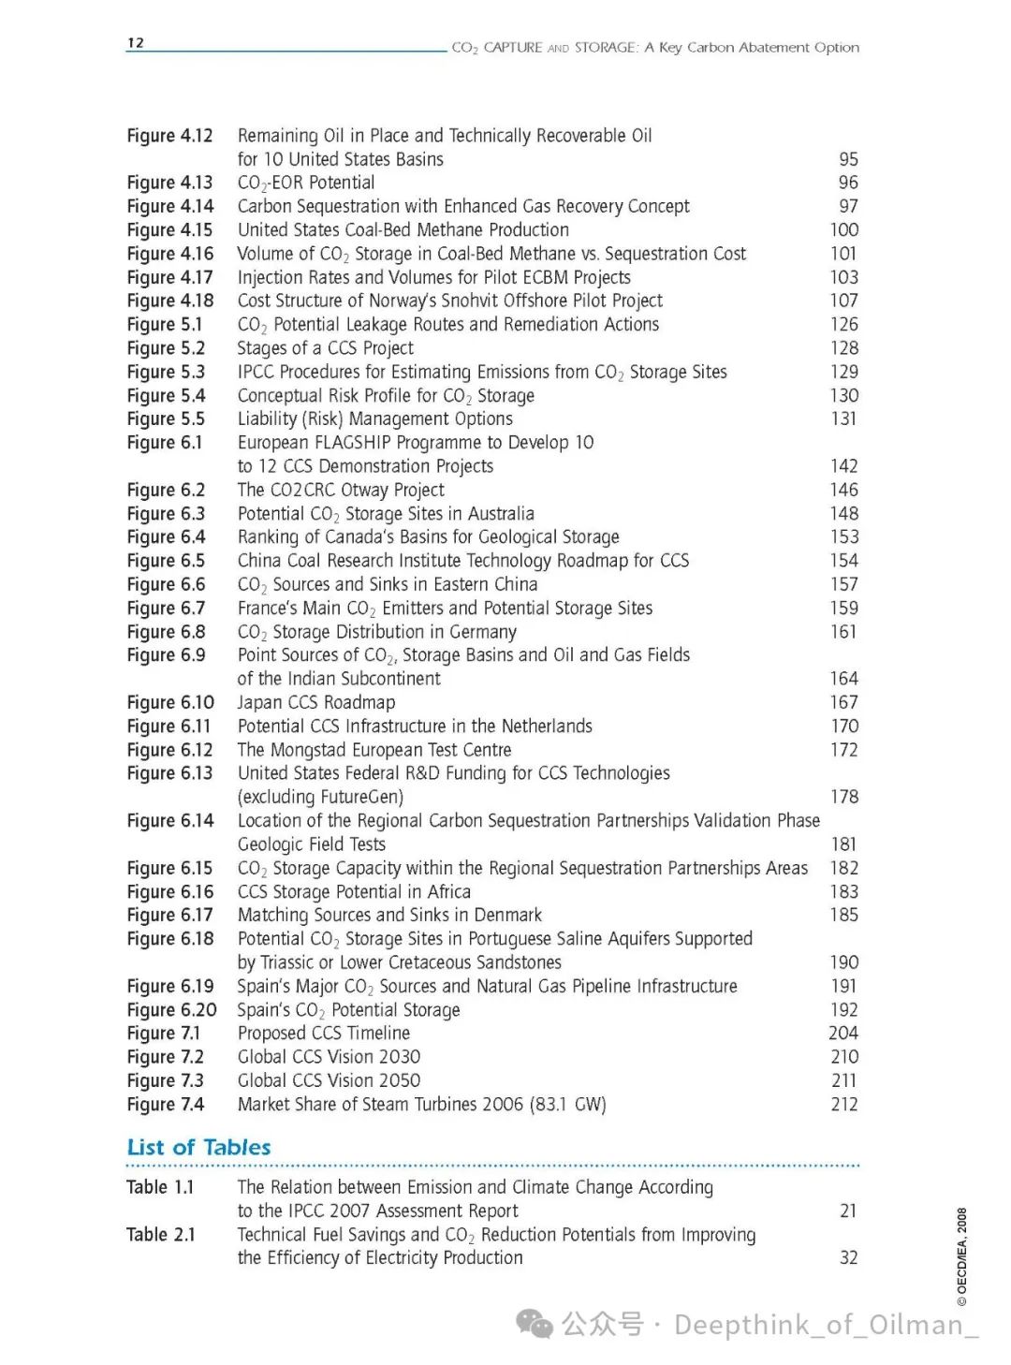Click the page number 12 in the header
tap(136, 43)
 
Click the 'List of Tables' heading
tap(198, 1147)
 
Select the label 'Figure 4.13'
tap(169, 183)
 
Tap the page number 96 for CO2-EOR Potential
tap(847, 183)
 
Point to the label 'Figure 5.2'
tap(166, 348)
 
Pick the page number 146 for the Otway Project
tap(843, 490)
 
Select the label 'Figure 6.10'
tap(170, 702)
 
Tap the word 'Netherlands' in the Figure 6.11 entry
tap(546, 726)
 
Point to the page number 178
tap(843, 797)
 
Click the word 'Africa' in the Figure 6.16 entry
tap(448, 891)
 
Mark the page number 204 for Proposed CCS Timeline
tap(842, 1033)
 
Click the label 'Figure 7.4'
tap(166, 1104)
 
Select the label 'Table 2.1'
tap(161, 1234)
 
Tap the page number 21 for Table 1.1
tap(847, 1211)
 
